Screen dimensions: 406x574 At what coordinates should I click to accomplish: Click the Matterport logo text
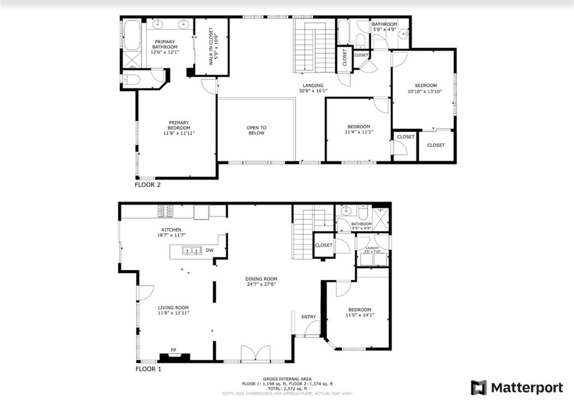click(526, 387)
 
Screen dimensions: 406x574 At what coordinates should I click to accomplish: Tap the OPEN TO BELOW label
click(256, 130)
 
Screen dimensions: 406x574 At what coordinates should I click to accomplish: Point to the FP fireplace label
click(174, 350)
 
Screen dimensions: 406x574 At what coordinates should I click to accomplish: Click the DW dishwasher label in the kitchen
click(209, 250)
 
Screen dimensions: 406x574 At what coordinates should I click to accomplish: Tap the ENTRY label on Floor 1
click(308, 317)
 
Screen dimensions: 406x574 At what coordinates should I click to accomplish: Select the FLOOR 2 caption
click(148, 184)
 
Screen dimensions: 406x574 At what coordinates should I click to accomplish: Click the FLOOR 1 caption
click(148, 370)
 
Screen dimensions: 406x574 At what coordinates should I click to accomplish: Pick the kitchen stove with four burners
click(166, 211)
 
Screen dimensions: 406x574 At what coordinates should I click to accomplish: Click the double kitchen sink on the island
click(191, 251)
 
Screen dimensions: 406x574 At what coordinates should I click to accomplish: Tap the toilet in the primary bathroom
click(131, 80)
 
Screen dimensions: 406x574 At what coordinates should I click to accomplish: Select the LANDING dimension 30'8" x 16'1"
click(313, 91)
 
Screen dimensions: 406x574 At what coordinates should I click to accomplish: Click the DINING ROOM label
click(261, 279)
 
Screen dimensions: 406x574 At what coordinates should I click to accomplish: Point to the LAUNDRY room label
click(373, 248)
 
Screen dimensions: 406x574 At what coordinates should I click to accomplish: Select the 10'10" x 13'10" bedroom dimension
click(425, 91)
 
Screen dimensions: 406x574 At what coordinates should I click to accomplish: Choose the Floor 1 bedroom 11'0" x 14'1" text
click(359, 316)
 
